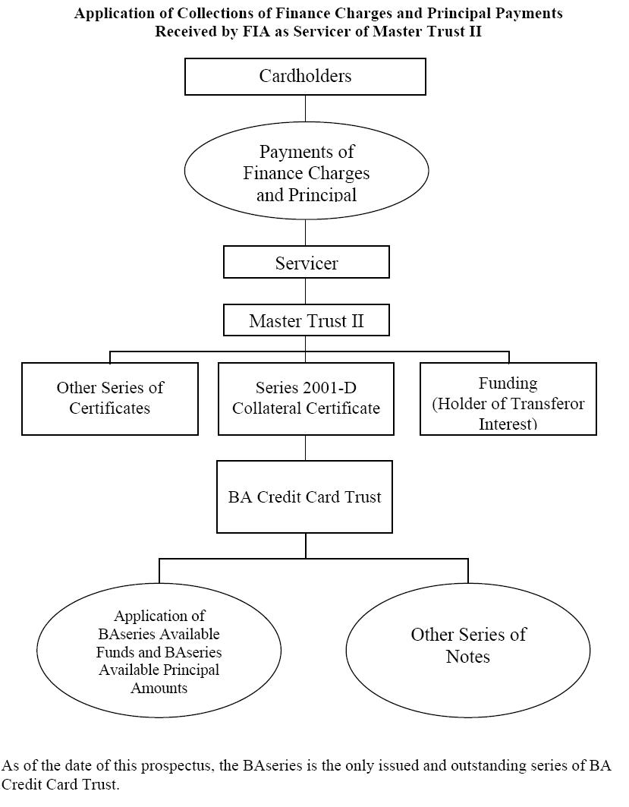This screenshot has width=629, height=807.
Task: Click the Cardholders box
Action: (x=305, y=76)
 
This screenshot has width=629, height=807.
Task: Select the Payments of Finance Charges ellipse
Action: (x=307, y=171)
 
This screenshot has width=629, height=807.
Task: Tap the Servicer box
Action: (x=306, y=262)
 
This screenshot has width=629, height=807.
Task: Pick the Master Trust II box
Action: (x=306, y=320)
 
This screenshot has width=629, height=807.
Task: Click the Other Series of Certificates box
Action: (x=109, y=399)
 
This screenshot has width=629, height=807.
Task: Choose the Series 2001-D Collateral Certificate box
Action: (x=306, y=399)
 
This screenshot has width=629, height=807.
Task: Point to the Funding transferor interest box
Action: (x=508, y=399)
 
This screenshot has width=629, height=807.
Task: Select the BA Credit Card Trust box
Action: (x=304, y=496)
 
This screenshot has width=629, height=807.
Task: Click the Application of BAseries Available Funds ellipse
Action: (x=159, y=651)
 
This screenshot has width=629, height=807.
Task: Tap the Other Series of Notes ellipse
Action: (x=468, y=651)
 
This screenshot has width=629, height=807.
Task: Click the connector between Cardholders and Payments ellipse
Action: (x=306, y=108)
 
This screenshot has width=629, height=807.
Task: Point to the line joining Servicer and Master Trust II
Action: (x=306, y=292)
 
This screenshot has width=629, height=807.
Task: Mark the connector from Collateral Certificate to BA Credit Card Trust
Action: (x=306, y=448)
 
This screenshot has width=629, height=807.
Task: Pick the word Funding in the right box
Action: (x=508, y=383)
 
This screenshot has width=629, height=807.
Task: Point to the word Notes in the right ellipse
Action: (x=468, y=657)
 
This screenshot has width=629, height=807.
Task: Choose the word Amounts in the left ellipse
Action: (x=159, y=688)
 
